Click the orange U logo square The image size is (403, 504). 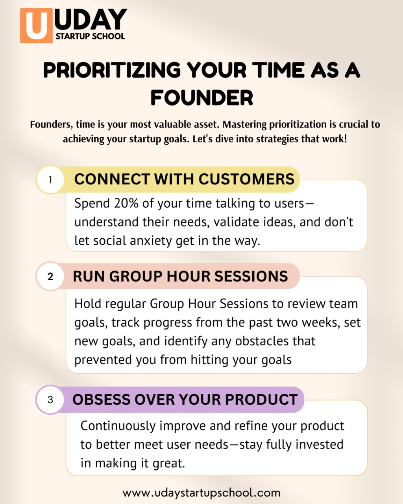tap(36, 26)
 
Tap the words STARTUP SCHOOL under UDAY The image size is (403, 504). tap(90, 36)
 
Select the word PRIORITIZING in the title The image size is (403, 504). tap(112, 70)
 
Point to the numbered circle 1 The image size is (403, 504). tap(50, 180)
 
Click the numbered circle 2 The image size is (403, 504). tap(50, 276)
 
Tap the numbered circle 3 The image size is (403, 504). tap(50, 400)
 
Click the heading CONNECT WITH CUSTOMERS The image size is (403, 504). tap(184, 179)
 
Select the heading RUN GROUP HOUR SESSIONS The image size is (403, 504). tap(180, 276)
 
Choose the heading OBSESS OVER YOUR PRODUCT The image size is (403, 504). tap(185, 399)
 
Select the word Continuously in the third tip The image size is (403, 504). tap(118, 426)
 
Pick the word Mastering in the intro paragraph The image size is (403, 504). tap(244, 125)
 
